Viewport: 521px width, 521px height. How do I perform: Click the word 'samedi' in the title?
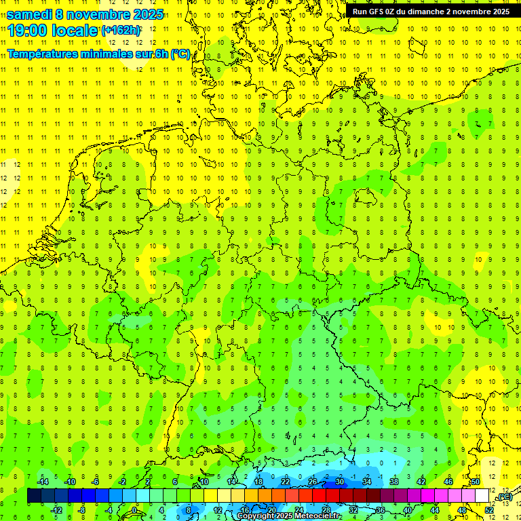30,14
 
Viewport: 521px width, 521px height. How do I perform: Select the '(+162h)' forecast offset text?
121,31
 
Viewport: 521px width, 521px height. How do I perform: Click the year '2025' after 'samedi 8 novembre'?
146,14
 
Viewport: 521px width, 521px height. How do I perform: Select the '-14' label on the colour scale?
44,482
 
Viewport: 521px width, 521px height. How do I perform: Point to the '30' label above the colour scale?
339,482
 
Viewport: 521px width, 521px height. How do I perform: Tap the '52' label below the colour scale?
489,510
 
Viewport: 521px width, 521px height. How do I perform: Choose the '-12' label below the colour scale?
58,510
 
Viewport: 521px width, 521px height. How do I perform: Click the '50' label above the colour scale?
475,482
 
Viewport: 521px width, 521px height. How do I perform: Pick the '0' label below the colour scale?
134,510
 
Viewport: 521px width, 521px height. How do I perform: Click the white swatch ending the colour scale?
482,496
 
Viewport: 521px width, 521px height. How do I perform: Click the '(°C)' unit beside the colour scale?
504,497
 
